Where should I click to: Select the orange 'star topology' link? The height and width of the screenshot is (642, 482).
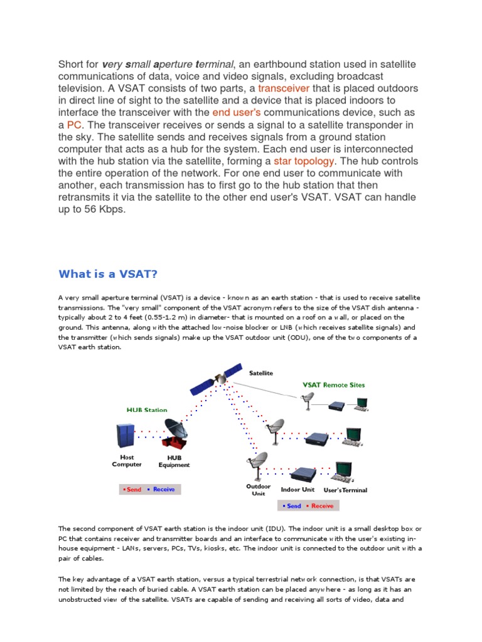(304, 161)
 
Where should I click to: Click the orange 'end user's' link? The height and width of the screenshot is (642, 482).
(236, 112)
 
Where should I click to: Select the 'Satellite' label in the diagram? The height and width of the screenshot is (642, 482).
(261, 373)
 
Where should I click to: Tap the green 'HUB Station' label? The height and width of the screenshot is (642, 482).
(147, 410)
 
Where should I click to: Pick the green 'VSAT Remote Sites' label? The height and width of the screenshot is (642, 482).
(334, 385)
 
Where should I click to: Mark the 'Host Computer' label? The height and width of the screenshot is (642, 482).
(126, 461)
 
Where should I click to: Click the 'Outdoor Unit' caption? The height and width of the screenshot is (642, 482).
(258, 490)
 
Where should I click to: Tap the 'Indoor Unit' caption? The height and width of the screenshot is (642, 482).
(299, 490)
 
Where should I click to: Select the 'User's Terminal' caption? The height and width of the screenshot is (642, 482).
(345, 490)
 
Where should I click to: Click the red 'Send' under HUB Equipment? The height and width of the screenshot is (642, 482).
(133, 489)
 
